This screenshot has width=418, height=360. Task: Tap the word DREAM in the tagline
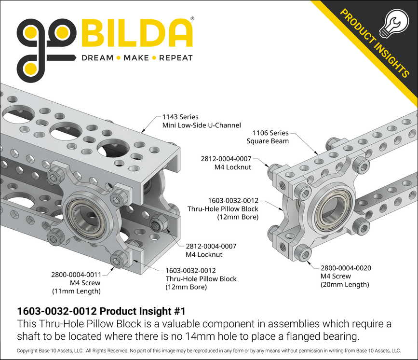pyautogui.click(x=97, y=58)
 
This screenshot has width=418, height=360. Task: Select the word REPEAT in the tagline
pyautogui.click(x=175, y=58)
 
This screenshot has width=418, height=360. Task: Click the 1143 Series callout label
pyautogui.click(x=180, y=117)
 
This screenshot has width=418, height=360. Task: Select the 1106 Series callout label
pyautogui.click(x=272, y=133)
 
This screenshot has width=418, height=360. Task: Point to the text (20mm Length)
pyautogui.click(x=345, y=284)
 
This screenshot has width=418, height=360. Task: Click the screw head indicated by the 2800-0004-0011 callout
pyautogui.click(x=118, y=261)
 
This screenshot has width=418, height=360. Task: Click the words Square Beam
pyautogui.click(x=268, y=141)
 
